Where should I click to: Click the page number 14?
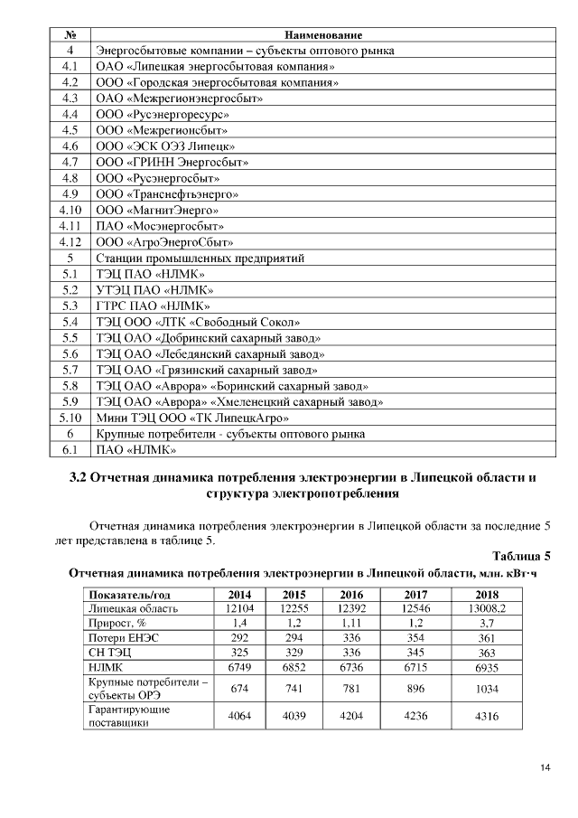(x=545, y=768)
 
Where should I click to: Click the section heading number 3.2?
(x=80, y=475)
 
